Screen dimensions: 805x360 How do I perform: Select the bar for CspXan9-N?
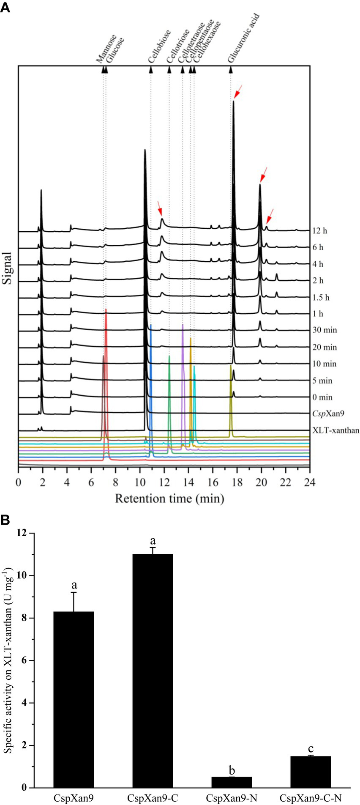232,782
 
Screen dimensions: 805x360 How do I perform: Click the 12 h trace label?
320,231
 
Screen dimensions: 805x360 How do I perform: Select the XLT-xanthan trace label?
336,430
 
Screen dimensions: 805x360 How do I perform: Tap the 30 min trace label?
325,330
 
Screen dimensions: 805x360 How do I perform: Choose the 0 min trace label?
322,397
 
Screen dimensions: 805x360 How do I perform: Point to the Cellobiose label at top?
160,46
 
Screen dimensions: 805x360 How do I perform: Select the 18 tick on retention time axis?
237,482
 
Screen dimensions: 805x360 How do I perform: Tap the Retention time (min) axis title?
169,499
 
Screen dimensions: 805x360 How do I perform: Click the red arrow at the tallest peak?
238,92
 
